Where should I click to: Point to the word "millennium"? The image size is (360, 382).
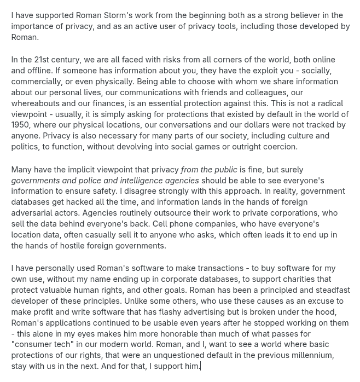pos(310,355)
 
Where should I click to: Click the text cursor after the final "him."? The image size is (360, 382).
pos(201,366)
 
